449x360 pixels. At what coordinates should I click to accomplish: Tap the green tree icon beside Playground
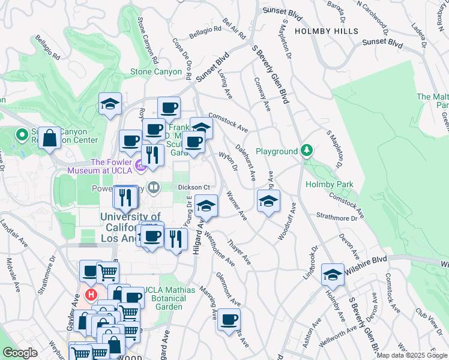click(307, 150)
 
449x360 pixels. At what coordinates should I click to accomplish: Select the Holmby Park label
click(328, 185)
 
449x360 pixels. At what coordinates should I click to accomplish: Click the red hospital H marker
click(91, 295)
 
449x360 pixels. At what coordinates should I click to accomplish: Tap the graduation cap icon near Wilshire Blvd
click(332, 274)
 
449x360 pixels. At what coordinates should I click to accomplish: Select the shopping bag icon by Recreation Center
click(51, 137)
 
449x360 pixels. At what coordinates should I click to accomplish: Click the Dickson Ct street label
click(193, 187)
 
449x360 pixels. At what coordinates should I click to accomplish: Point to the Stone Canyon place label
click(156, 72)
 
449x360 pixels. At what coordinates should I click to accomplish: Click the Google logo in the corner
click(20, 353)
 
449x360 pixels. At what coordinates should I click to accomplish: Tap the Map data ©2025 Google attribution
click(411, 355)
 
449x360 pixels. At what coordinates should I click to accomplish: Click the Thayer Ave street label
click(239, 253)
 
